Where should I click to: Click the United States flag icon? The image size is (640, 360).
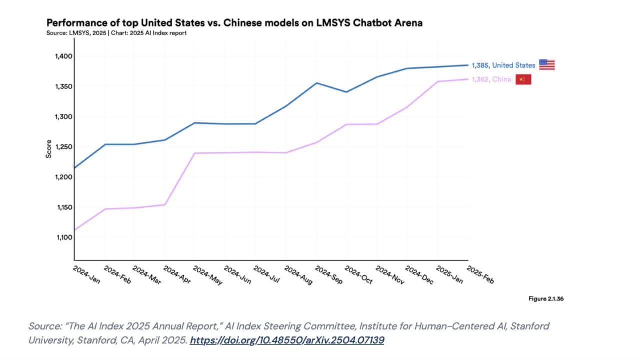click(x=547, y=65)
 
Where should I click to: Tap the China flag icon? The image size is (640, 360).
click(x=523, y=79)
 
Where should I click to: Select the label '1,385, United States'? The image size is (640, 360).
click(x=503, y=65)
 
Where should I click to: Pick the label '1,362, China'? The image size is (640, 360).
click(x=491, y=79)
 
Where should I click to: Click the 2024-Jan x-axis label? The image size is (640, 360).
click(x=86, y=275)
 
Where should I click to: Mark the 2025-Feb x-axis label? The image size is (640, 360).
click(x=480, y=275)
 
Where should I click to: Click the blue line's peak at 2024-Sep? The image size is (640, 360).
click(x=316, y=83)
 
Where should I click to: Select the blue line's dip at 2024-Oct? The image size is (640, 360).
click(x=346, y=92)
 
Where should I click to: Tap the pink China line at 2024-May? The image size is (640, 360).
click(x=195, y=153)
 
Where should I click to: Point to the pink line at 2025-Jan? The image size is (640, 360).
click(x=438, y=81)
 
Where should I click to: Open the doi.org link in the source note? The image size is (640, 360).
click(x=287, y=340)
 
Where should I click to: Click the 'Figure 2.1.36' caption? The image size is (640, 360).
click(x=546, y=299)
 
